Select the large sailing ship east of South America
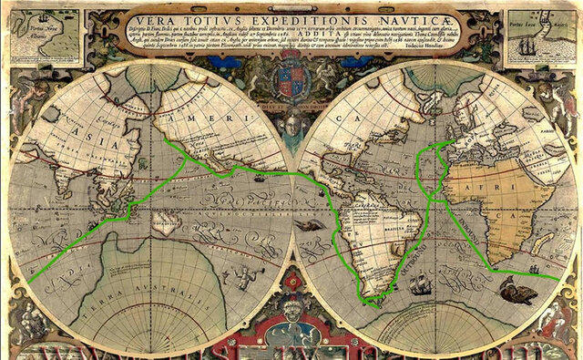pos(420,285)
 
